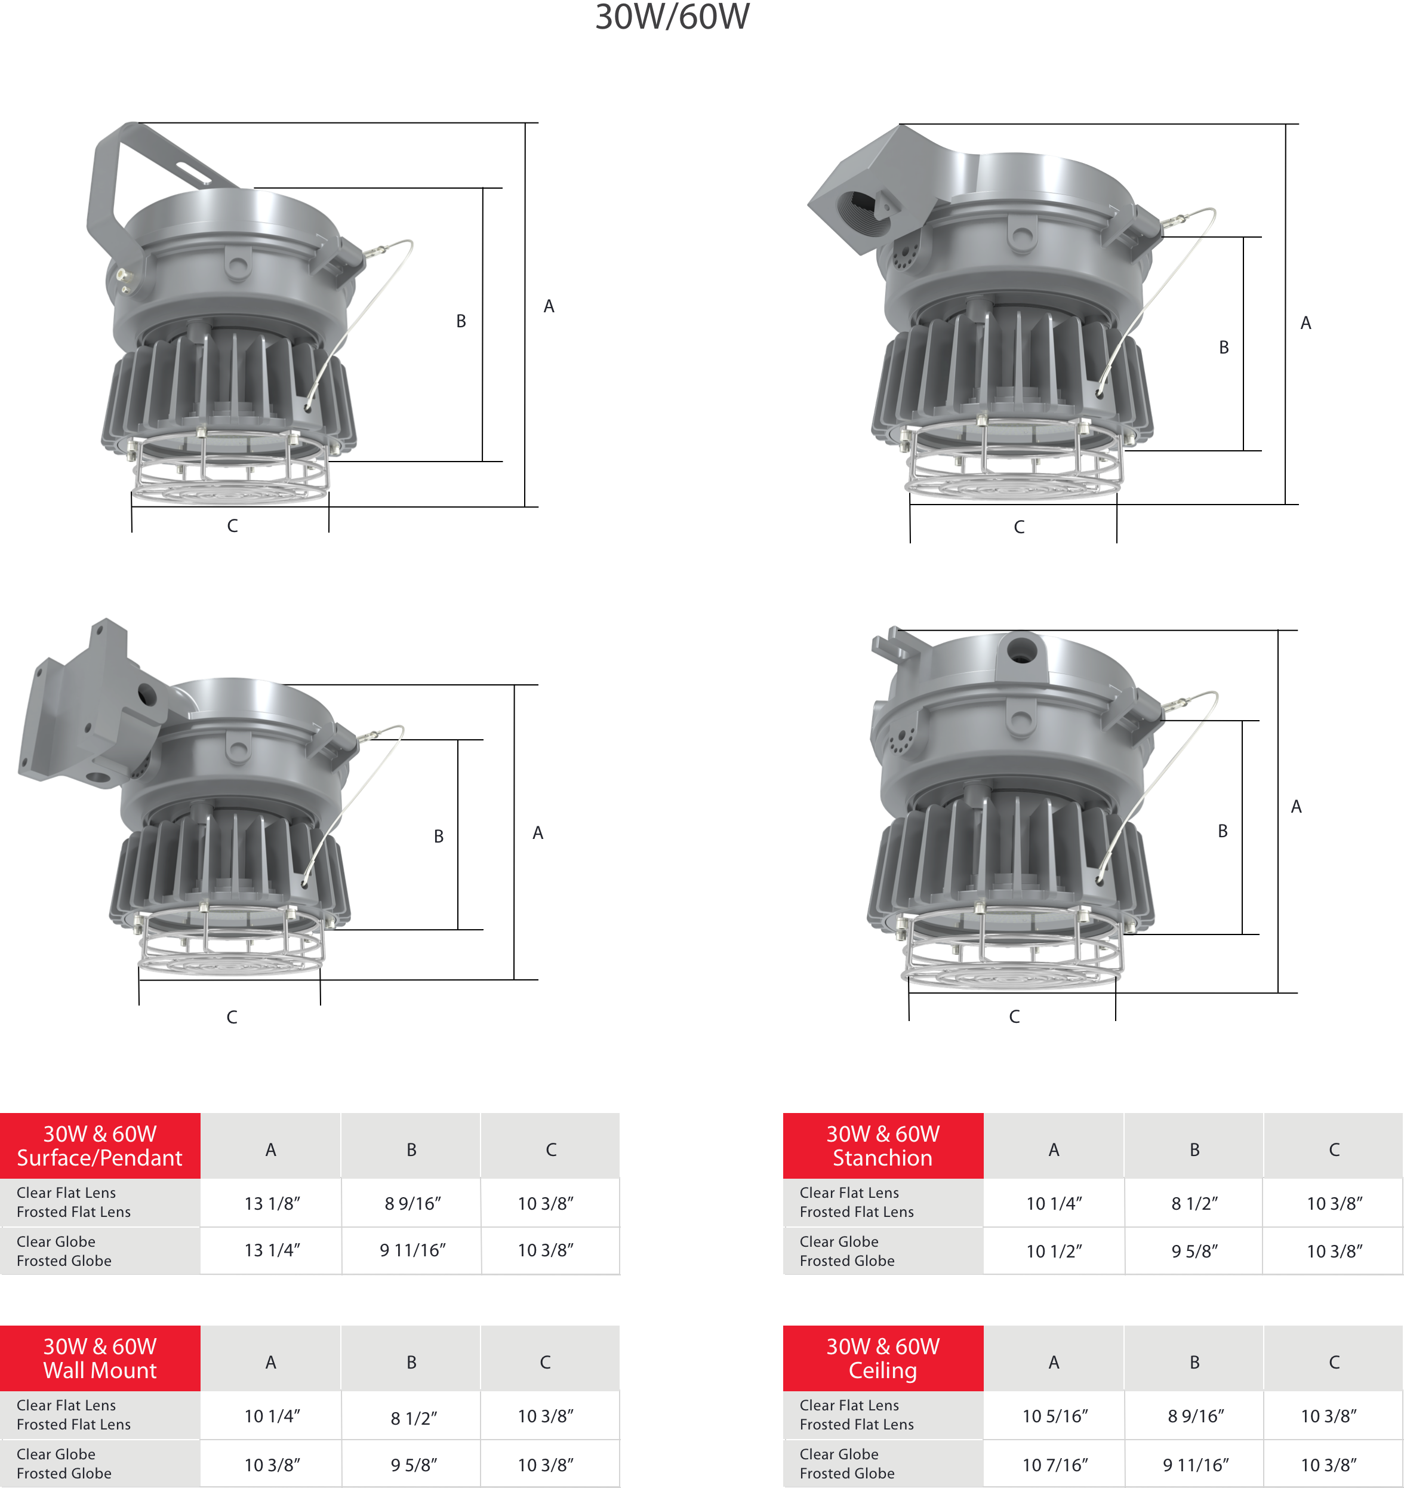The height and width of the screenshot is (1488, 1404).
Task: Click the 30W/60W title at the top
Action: (x=672, y=17)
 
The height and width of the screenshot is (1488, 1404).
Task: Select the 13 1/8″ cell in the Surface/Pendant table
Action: (x=272, y=1204)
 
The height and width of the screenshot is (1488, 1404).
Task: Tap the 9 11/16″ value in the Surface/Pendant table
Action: (x=412, y=1250)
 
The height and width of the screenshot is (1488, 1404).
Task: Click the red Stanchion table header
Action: (x=883, y=1146)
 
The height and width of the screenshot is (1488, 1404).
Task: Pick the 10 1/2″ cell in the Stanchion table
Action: (x=1054, y=1252)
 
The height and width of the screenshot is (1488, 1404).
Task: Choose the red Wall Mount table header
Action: (x=100, y=1358)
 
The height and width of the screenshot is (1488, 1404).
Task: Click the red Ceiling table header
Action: (x=883, y=1358)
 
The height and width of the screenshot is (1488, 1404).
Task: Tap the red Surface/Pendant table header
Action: (x=100, y=1146)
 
